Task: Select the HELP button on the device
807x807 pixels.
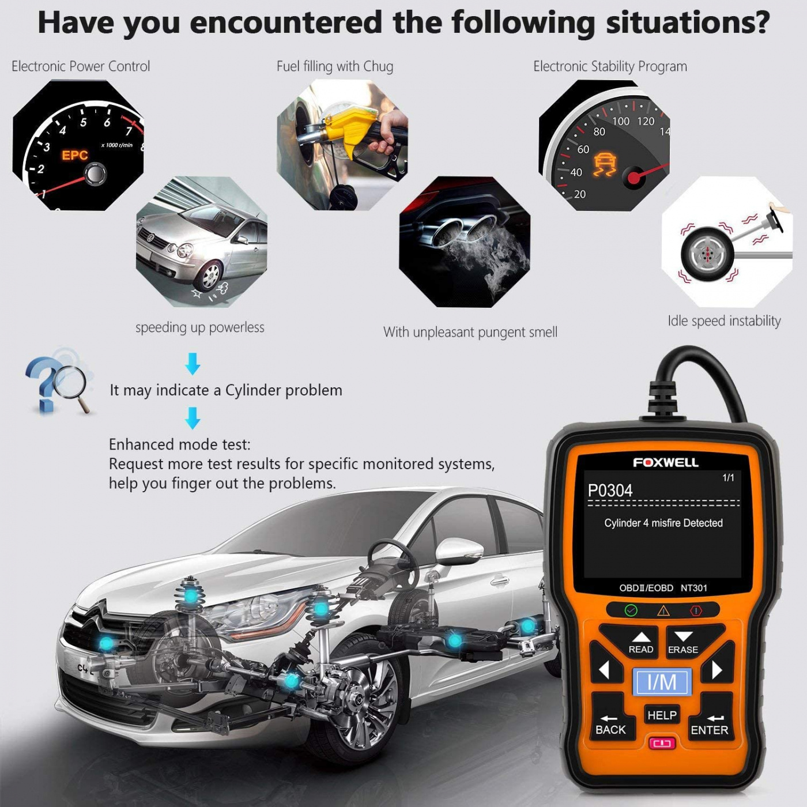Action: point(662,715)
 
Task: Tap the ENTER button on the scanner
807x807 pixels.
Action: point(710,724)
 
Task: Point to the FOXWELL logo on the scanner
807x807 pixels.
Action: point(665,462)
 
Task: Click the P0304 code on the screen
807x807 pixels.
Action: point(610,491)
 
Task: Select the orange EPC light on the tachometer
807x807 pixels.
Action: point(75,155)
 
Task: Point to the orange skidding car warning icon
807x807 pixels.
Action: point(605,164)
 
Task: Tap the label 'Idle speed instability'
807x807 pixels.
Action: point(724,321)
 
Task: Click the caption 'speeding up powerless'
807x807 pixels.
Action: point(200,327)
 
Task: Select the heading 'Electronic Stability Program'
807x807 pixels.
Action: point(610,67)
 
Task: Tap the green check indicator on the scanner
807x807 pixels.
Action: point(631,610)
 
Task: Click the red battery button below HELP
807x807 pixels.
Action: point(662,743)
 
